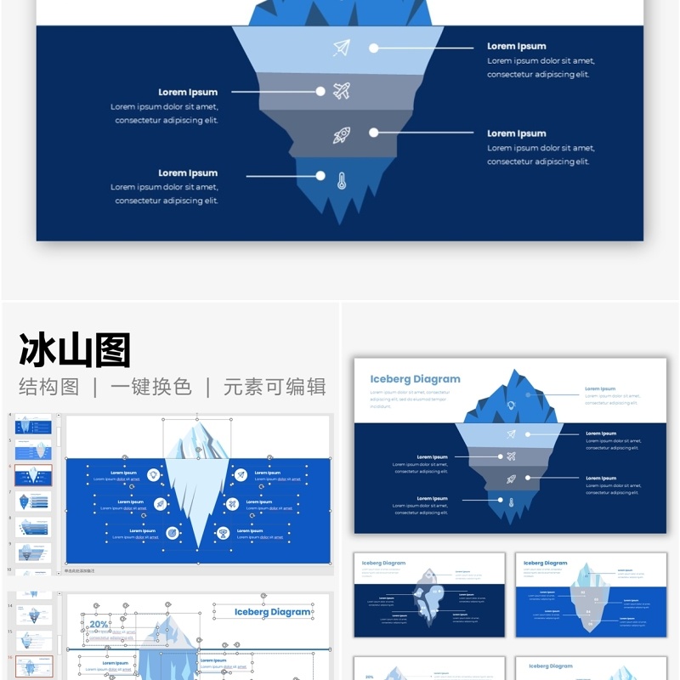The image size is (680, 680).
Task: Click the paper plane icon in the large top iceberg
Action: coord(342,48)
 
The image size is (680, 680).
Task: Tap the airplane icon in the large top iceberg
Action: coord(342,91)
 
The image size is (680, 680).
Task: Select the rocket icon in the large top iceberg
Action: coord(342,134)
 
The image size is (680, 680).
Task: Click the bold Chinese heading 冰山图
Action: coord(75,350)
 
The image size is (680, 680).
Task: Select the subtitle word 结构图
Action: coord(49,387)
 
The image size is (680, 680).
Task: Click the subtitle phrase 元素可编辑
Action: coord(275,387)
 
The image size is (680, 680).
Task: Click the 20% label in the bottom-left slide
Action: coord(99,625)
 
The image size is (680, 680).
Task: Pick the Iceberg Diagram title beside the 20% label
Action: coord(272,612)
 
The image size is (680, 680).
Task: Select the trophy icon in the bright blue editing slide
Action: coord(224,533)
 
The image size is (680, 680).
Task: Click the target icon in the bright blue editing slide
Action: coord(173,533)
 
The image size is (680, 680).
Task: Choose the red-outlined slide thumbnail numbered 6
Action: coord(34,475)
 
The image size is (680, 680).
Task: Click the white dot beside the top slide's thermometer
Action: coord(320,176)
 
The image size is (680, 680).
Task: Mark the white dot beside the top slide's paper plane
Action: coord(374,48)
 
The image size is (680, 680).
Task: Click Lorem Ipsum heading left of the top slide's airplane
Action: coord(188,92)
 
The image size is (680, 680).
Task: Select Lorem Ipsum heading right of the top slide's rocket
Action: coord(517,133)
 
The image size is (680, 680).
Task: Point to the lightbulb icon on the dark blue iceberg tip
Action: coord(511,405)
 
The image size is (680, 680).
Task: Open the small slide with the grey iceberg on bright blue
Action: coord(591,595)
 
